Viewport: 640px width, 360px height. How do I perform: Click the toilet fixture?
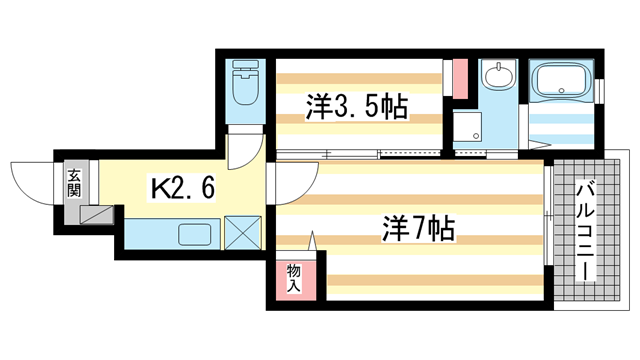245,91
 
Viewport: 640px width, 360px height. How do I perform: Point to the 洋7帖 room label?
417,229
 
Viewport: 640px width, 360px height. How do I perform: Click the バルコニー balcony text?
584,230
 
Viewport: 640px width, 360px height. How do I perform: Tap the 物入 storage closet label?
293,278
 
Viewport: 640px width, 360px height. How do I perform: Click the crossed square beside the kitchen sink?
241,236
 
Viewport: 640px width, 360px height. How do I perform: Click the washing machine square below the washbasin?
466,128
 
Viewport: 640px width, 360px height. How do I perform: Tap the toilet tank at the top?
245,72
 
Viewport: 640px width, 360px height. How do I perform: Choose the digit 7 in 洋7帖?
417,229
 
